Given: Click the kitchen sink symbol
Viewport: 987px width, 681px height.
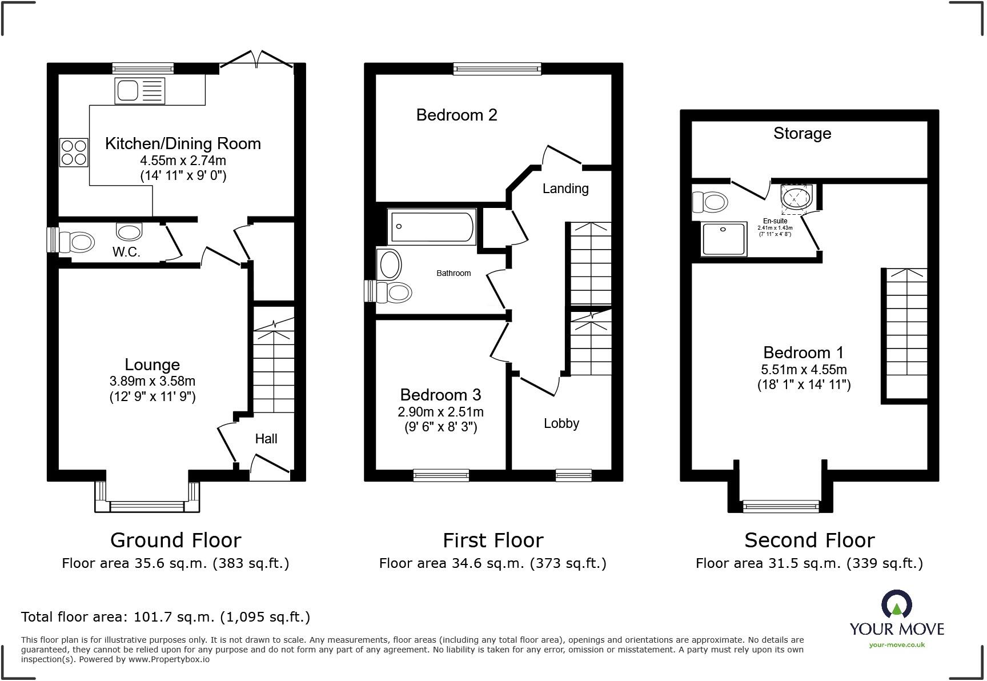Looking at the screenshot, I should (140, 91).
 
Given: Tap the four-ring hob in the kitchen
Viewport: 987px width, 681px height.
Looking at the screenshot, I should (74, 152).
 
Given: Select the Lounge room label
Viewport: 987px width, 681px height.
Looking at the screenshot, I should (153, 364).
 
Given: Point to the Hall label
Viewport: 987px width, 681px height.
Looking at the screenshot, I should (266, 439).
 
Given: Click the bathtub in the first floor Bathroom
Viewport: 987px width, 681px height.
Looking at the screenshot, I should (432, 227).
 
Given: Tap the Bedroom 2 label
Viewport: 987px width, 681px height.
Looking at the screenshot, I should (456, 115).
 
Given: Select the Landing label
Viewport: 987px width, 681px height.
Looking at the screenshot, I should (565, 189).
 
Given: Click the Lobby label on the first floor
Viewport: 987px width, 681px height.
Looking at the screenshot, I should (561, 423).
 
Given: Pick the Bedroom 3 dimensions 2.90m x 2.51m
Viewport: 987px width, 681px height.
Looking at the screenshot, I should (440, 412).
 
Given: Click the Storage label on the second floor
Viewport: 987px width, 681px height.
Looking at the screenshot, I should (802, 134).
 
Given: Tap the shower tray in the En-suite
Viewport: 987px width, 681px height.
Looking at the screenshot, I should (724, 239).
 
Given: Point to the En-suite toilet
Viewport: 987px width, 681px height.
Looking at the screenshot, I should (709, 202).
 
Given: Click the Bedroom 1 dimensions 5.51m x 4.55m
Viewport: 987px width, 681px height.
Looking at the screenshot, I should (804, 370).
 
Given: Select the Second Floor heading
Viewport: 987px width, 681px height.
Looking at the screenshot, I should (809, 540).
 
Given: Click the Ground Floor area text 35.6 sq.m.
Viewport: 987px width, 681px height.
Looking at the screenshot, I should (175, 563).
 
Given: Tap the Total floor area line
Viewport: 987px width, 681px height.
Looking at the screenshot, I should (166, 617).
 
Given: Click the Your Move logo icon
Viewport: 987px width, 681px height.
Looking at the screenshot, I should (897, 604).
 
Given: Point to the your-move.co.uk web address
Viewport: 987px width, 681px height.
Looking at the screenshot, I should (897, 645).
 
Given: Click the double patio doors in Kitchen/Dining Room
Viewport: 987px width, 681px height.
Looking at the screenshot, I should (257, 60).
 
